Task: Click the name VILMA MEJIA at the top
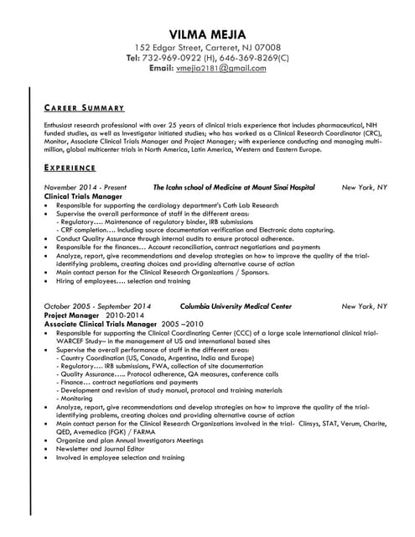coord(207,34)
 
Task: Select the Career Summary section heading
coord(84,108)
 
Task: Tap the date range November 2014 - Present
coord(85,188)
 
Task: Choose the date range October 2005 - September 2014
coord(97,307)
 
